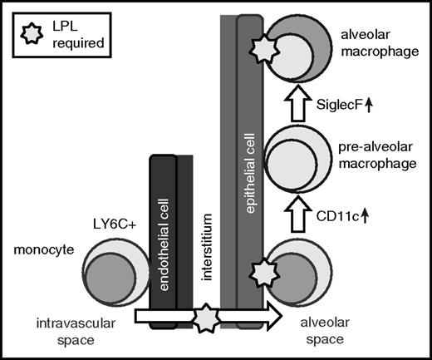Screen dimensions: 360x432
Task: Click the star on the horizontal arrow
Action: click(207, 317)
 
